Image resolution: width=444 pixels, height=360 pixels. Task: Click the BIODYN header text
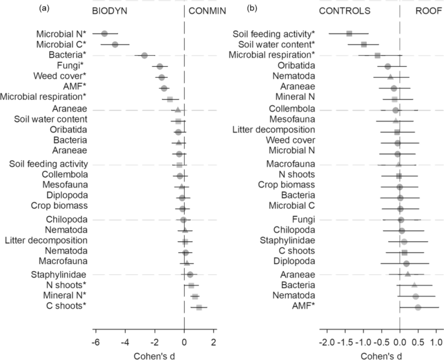pos(112,11)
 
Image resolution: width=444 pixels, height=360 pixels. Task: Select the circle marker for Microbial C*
pos(115,44)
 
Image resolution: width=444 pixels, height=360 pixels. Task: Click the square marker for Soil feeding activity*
pos(349,33)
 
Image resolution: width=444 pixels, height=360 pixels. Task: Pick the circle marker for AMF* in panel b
pos(418,307)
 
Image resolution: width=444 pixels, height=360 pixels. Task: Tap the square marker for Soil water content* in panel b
pos(364,44)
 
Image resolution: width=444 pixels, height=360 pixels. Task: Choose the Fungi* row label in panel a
pos(72,66)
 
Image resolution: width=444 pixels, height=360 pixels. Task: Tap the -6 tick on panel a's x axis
pos(95,342)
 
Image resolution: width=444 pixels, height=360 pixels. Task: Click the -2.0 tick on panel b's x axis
pos(327,342)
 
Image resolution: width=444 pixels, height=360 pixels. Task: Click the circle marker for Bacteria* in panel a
pos(145,55)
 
